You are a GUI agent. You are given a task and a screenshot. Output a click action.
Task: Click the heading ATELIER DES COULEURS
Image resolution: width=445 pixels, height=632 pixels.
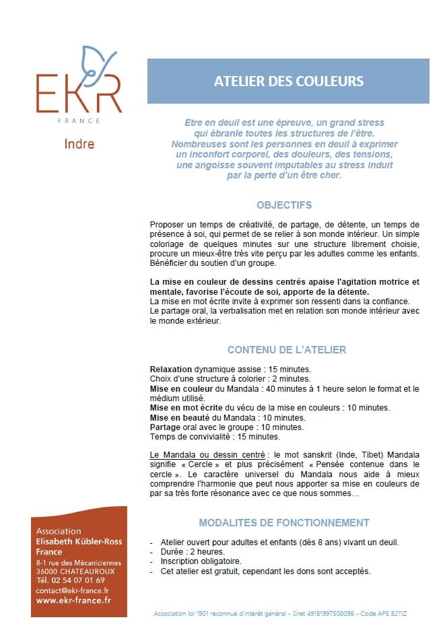pos(288,81)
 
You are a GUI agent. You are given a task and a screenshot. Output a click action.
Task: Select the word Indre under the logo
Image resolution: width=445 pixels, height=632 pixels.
pos(79,144)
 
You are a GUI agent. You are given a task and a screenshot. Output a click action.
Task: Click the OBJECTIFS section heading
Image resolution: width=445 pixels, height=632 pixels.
pos(284,205)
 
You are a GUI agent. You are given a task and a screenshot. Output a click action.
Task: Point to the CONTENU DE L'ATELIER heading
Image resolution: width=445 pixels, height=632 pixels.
pos(287,350)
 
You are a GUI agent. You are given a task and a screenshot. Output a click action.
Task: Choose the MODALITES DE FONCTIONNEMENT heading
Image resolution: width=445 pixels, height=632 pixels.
pos(284,522)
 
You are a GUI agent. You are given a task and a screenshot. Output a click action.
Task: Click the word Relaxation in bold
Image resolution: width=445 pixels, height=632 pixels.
pos(171,370)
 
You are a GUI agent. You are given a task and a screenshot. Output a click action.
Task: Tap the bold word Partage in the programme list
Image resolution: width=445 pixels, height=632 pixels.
pos(165,427)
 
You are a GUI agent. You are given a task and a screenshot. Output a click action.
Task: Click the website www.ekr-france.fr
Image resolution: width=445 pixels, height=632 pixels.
pos(74,600)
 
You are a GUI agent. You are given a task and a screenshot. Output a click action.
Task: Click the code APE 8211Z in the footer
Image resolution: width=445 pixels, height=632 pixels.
pos(394,615)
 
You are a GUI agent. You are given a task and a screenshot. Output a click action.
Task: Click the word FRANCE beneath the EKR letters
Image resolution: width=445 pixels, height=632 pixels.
pos(79,120)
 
